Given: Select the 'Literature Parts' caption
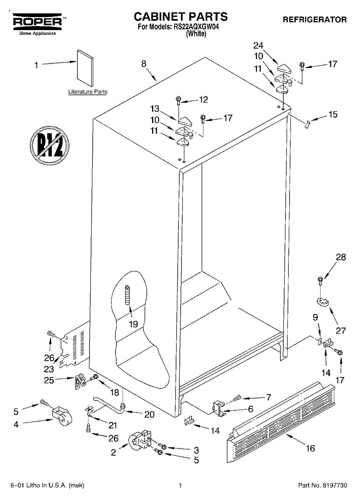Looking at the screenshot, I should [x=88, y=92].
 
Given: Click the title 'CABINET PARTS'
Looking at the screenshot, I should [x=180, y=17].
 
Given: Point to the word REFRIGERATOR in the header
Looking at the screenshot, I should [x=315, y=19].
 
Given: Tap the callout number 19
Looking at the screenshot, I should [x=133, y=324].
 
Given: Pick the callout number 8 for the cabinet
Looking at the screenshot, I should [x=143, y=64].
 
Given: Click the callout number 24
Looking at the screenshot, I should [x=259, y=46].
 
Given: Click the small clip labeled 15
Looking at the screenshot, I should [x=307, y=123].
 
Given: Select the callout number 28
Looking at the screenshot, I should [x=341, y=257].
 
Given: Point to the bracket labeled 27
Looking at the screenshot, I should [x=322, y=304].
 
